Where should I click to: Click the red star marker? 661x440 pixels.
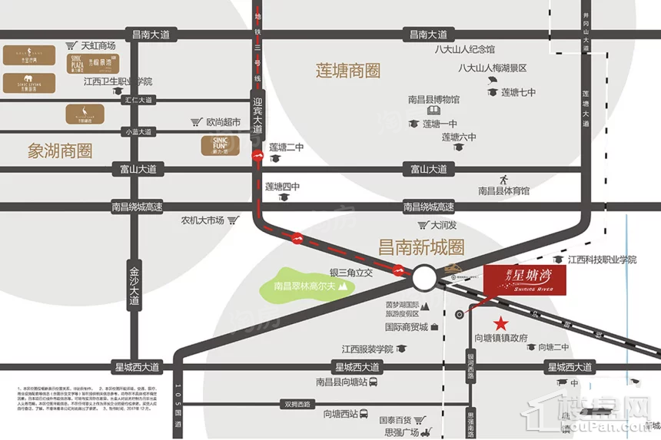tap(501, 323)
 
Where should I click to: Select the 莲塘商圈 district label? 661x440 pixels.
tap(348, 71)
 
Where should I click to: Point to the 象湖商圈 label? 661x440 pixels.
tap(60, 150)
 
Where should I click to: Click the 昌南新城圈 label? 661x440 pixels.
tap(421, 247)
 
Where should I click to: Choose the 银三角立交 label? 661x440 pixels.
tap(350, 273)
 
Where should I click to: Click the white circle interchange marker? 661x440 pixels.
tap(425, 278)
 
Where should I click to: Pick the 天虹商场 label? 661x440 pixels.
tap(98, 46)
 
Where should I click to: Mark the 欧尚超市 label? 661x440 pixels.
tap(223, 122)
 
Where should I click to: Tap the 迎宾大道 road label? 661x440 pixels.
tap(257, 114)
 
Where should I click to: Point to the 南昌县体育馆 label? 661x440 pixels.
tap(503, 190)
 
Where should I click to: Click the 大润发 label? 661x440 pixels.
tap(443, 226)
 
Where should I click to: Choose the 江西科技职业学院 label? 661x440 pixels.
tap(602, 260)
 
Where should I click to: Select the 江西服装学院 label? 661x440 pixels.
tap(357, 349)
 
